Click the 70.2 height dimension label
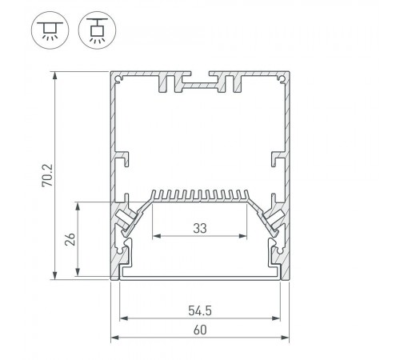point(47,175)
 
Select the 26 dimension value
point(70,239)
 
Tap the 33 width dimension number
point(200,228)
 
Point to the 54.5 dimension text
point(200,310)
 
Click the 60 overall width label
point(200,330)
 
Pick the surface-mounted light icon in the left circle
point(50,30)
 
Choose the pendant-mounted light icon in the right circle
point(97,30)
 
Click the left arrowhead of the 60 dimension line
point(114,338)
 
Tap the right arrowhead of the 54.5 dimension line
point(277,318)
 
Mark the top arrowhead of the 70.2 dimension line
point(55,75)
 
